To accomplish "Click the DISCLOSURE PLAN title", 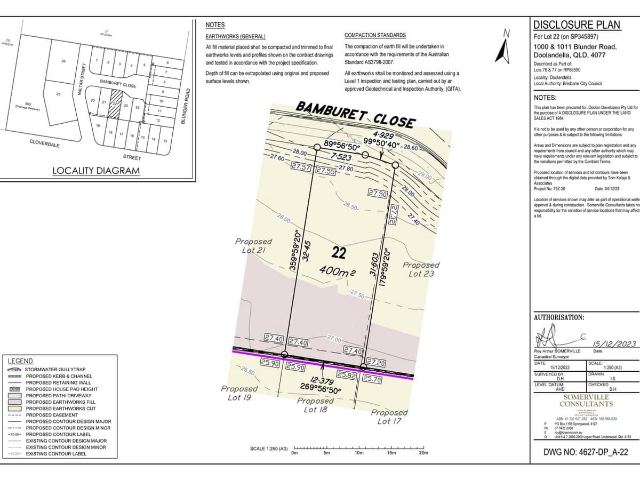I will point(577,25).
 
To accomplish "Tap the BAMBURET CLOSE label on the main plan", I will point(355,114).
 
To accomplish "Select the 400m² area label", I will point(338,272).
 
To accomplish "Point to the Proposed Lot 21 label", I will point(253,246).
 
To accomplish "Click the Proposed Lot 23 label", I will point(421,269).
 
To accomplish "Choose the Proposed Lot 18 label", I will point(315,405).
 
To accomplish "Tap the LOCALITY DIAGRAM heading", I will point(96,171).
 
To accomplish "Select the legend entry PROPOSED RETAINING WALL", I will point(58,382).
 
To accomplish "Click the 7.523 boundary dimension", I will point(341,156).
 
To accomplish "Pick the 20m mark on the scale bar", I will point(423,453).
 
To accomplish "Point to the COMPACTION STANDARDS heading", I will point(375,35).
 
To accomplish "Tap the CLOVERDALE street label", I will point(44,144).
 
